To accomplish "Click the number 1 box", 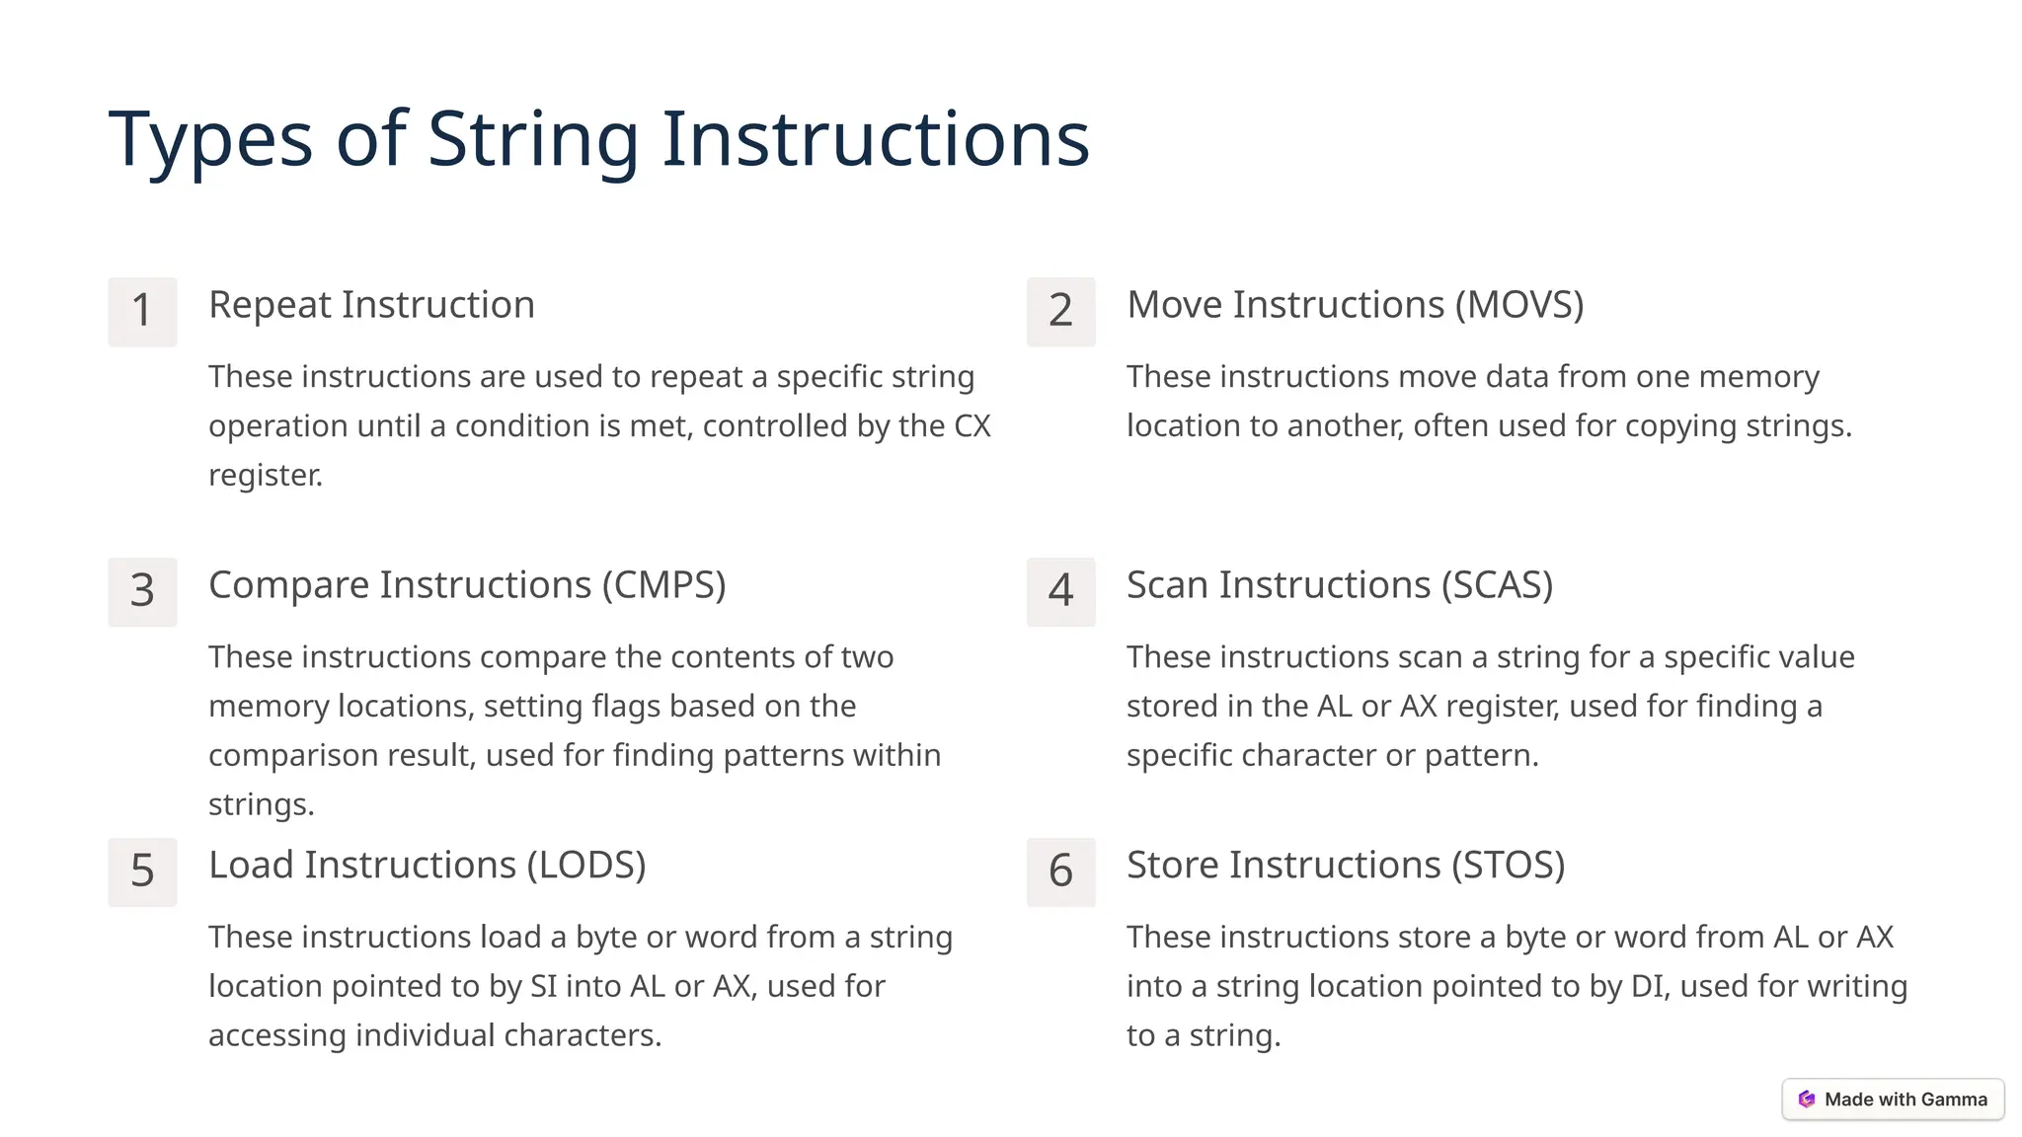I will (142, 311).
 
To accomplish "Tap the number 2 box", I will (1060, 311).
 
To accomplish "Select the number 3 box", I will (142, 591).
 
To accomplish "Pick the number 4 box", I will (1060, 591).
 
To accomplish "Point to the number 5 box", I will (142, 872).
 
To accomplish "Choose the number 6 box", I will (1060, 872).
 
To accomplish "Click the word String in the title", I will (533, 139).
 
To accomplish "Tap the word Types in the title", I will (209, 139).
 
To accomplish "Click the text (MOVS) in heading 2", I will (1519, 305).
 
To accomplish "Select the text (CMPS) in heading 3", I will (664, 585).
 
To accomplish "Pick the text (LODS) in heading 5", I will (585, 866).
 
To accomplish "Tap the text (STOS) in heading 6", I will (1508, 866).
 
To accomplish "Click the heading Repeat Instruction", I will (371, 305).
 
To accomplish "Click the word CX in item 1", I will (972, 426).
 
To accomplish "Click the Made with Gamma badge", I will (1893, 1099).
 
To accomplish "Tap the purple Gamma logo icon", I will (1807, 1099).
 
